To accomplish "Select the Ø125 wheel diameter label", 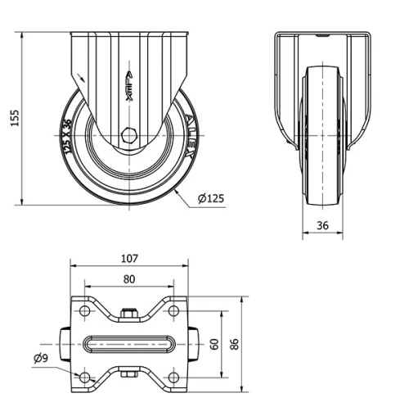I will point(211,197).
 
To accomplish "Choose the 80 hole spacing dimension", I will point(128,278).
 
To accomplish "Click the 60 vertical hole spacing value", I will point(214,345).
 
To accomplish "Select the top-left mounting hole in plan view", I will point(83,312).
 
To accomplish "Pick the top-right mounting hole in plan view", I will point(173,312).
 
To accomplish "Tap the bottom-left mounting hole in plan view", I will point(83,377).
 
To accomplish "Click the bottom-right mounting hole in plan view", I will point(173,377).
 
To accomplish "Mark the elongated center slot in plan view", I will point(128,345).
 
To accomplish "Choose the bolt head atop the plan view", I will point(128,312).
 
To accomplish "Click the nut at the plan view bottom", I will point(128,376).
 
